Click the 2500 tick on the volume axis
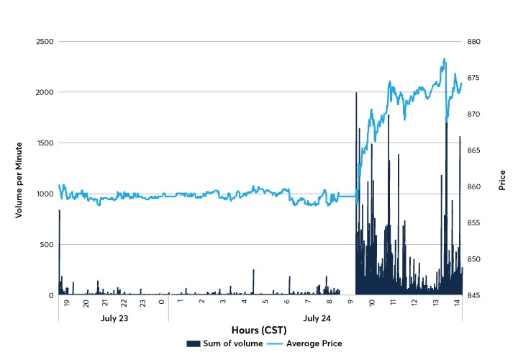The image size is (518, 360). (43, 42)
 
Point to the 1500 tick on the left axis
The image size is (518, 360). (43, 143)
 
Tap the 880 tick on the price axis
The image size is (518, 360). (480, 42)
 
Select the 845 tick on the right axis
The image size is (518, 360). (480, 295)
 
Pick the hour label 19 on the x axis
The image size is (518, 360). (66, 304)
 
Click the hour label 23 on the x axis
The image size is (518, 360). (142, 304)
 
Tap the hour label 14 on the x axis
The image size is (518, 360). (457, 304)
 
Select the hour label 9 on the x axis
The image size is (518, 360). (350, 304)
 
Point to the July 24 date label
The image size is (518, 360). (314, 318)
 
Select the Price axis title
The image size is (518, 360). (501, 180)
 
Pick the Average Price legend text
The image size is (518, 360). (314, 343)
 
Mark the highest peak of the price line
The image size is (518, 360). (445, 59)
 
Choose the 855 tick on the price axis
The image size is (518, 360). (480, 222)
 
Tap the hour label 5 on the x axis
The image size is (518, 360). (265, 304)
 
